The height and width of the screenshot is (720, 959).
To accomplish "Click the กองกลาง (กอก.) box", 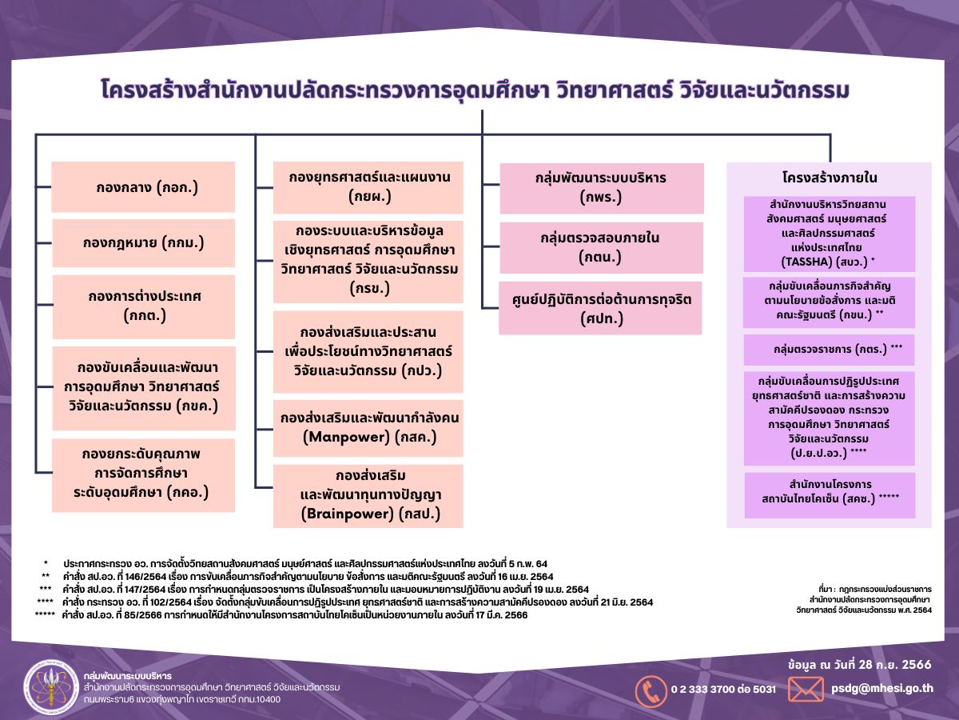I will pyautogui.click(x=143, y=187).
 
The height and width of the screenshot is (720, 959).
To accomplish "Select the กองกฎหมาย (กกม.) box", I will pyautogui.click(x=143, y=242).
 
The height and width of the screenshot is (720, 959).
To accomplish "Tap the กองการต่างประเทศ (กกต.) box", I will pyautogui.click(x=144, y=306).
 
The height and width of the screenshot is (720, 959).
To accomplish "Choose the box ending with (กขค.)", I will pyautogui.click(x=144, y=386).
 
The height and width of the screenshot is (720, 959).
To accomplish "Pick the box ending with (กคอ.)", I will pyautogui.click(x=143, y=474).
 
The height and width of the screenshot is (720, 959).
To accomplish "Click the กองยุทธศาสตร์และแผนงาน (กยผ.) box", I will pyautogui.click(x=368, y=186).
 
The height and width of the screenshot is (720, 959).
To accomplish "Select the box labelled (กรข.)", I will pyautogui.click(x=368, y=262).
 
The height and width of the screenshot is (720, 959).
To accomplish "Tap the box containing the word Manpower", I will pyautogui.click(x=368, y=428).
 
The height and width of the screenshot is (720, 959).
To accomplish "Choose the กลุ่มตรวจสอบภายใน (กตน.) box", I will pyautogui.click(x=601, y=248).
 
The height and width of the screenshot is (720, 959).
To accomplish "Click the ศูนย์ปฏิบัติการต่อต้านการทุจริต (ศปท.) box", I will pyautogui.click(x=600, y=308).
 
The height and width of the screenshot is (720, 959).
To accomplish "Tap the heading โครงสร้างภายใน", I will pyautogui.click(x=829, y=178).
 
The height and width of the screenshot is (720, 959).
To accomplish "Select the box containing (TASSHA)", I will pyautogui.click(x=829, y=233).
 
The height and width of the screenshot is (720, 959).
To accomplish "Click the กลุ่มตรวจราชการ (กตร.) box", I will pyautogui.click(x=829, y=350).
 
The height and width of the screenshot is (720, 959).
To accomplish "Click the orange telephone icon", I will pyautogui.click(x=651, y=690).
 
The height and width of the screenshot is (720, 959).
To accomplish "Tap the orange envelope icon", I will pyautogui.click(x=806, y=689).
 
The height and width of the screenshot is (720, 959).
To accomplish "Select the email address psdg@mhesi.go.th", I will pyautogui.click(x=881, y=688).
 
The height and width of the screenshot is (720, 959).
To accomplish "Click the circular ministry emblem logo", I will pyautogui.click(x=50, y=688).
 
